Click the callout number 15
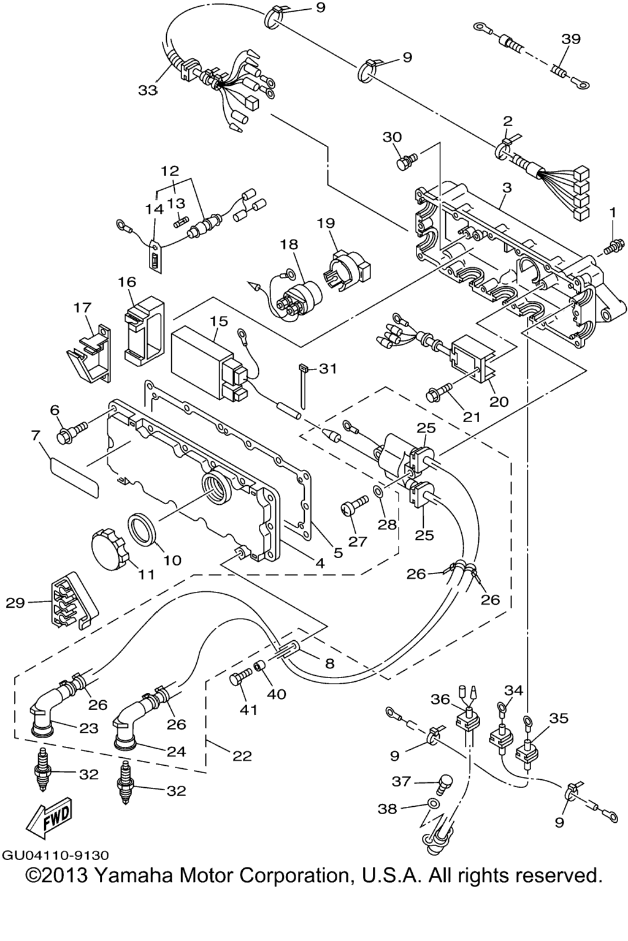pos(218,320)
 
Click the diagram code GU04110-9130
pos(55,855)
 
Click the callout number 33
pos(147,90)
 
